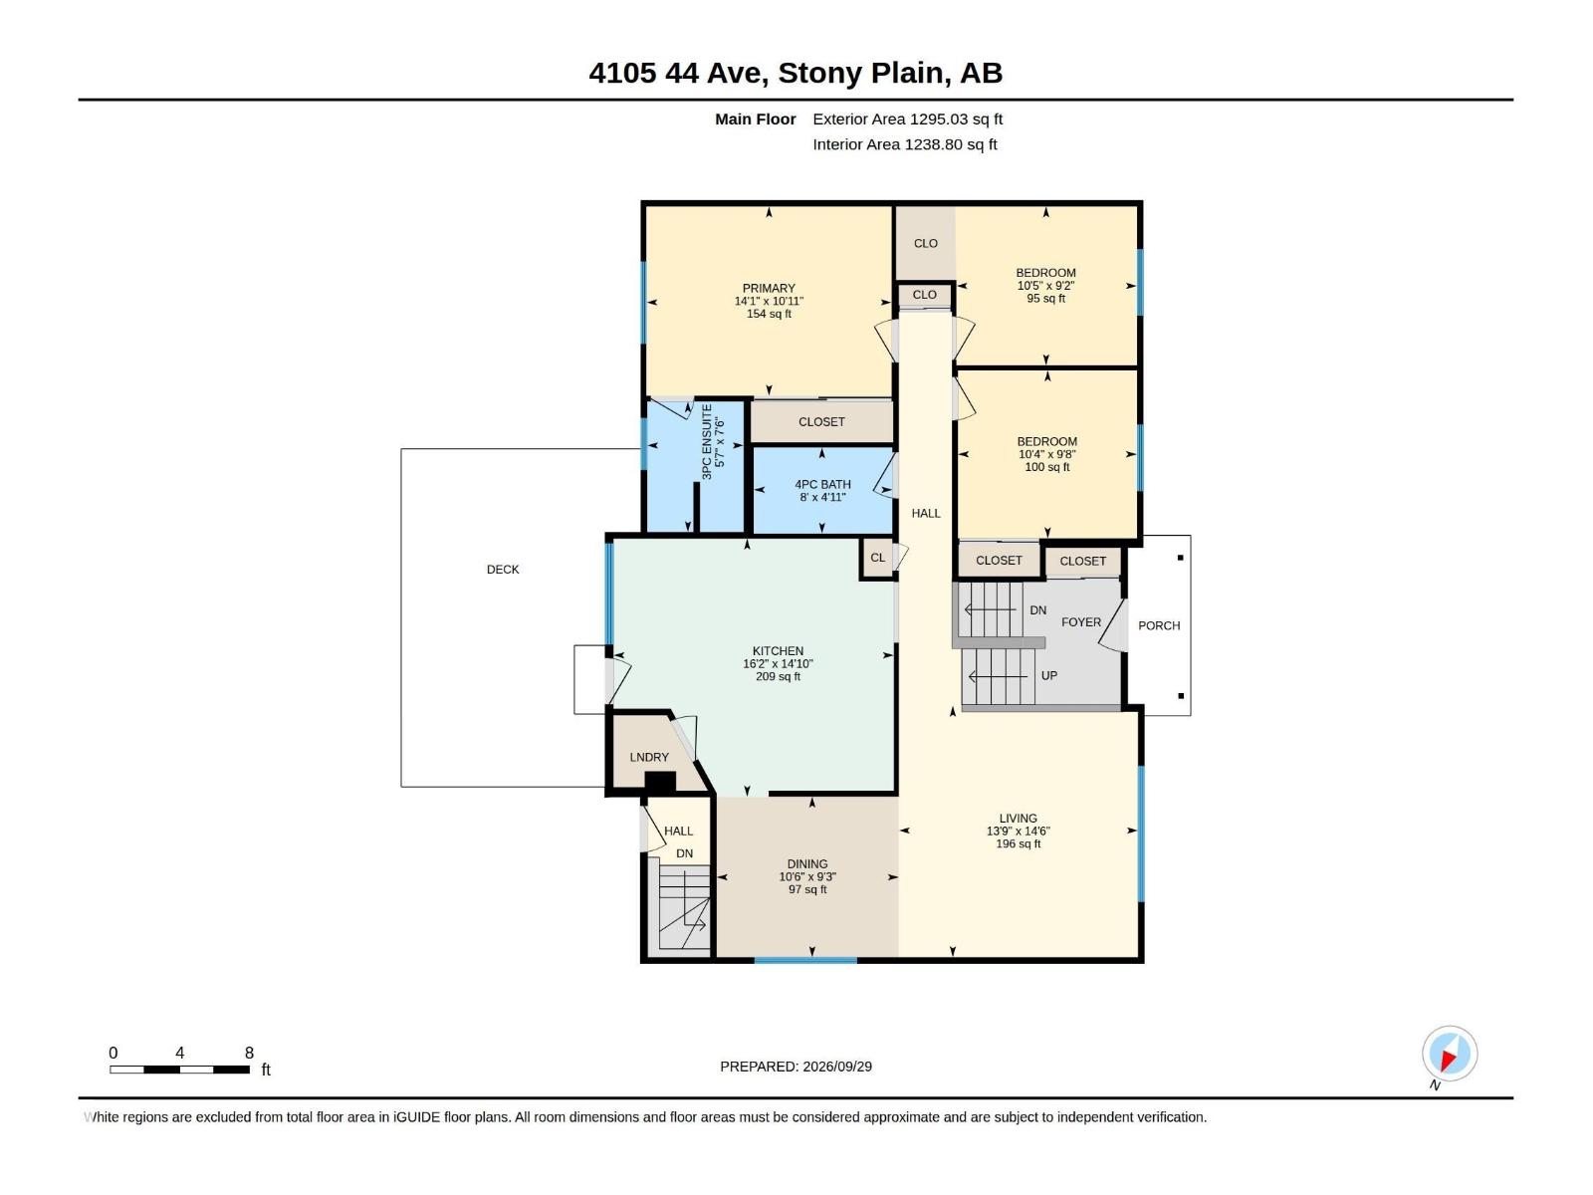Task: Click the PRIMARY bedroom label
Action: click(769, 288)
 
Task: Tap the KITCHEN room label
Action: click(778, 651)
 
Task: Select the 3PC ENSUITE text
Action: click(707, 442)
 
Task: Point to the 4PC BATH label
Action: click(822, 484)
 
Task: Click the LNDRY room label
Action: click(649, 757)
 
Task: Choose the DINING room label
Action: click(807, 863)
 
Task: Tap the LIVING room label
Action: click(1018, 818)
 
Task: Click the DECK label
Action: click(502, 570)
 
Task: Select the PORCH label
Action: click(1159, 625)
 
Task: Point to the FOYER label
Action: click(1080, 621)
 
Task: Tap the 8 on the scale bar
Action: click(249, 1053)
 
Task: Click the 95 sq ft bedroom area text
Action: click(1045, 298)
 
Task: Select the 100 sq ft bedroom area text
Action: click(1046, 466)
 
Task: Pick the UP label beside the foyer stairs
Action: click(1048, 675)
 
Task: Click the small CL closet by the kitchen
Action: click(877, 558)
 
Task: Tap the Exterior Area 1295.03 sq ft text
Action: click(907, 119)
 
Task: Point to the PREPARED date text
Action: click(796, 1067)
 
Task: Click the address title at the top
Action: click(796, 73)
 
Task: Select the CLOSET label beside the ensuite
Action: click(821, 421)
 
